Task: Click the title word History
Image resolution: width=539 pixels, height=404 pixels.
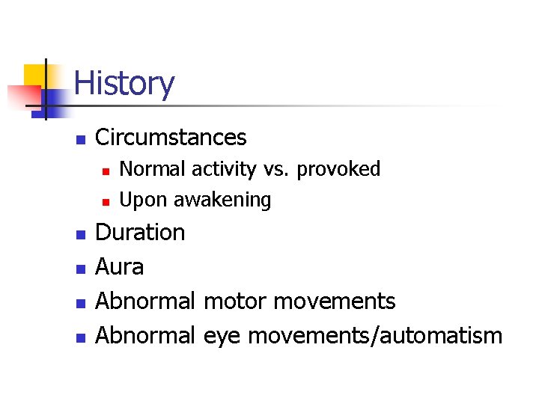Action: click(x=124, y=83)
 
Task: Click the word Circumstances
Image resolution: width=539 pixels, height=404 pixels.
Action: click(x=171, y=138)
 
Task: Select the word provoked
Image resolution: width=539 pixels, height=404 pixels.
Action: click(x=339, y=169)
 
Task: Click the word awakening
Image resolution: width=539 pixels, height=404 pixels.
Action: click(x=222, y=201)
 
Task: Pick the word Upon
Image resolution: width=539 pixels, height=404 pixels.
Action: click(x=144, y=201)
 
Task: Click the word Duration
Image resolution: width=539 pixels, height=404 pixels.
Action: click(x=141, y=233)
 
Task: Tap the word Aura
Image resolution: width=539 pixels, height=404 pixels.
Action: click(x=120, y=266)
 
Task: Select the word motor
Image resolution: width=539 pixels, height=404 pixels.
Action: click(x=235, y=301)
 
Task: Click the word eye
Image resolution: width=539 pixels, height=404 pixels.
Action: click(x=222, y=335)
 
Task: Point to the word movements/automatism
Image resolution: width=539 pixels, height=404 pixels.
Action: click(x=375, y=335)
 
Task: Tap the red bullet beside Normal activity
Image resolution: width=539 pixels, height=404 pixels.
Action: click(x=106, y=171)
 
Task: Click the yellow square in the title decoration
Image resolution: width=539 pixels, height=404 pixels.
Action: click(x=34, y=75)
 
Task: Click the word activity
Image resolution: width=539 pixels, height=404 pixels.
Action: click(x=223, y=170)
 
